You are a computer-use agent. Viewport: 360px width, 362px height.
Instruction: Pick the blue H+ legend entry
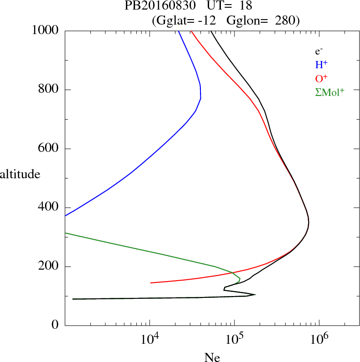click(x=321, y=65)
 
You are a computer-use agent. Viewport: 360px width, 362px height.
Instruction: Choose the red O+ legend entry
click(x=322, y=78)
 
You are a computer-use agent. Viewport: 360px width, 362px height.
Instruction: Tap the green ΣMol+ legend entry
click(x=330, y=92)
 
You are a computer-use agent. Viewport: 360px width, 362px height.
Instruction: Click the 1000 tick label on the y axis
click(x=45, y=30)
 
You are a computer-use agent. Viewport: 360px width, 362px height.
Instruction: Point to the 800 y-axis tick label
click(x=49, y=90)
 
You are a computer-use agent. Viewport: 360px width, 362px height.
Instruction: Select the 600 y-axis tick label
click(x=49, y=149)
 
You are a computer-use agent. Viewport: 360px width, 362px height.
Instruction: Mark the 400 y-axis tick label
click(x=49, y=207)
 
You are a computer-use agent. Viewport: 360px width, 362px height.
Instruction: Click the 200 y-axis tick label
click(x=49, y=266)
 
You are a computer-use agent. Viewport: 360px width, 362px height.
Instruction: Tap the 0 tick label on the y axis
click(x=56, y=325)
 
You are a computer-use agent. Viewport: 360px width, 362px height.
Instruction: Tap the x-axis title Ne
click(x=212, y=357)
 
